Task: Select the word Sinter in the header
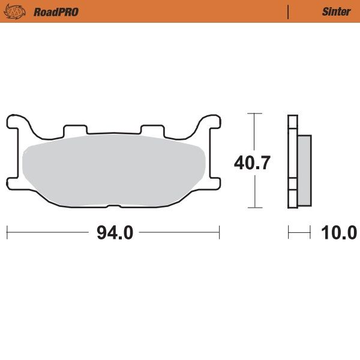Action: click(x=336, y=11)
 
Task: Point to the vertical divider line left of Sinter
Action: click(x=289, y=11)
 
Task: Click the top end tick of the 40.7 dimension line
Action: click(x=255, y=113)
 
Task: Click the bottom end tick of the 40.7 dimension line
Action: click(x=255, y=208)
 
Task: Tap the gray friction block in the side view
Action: click(x=304, y=169)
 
